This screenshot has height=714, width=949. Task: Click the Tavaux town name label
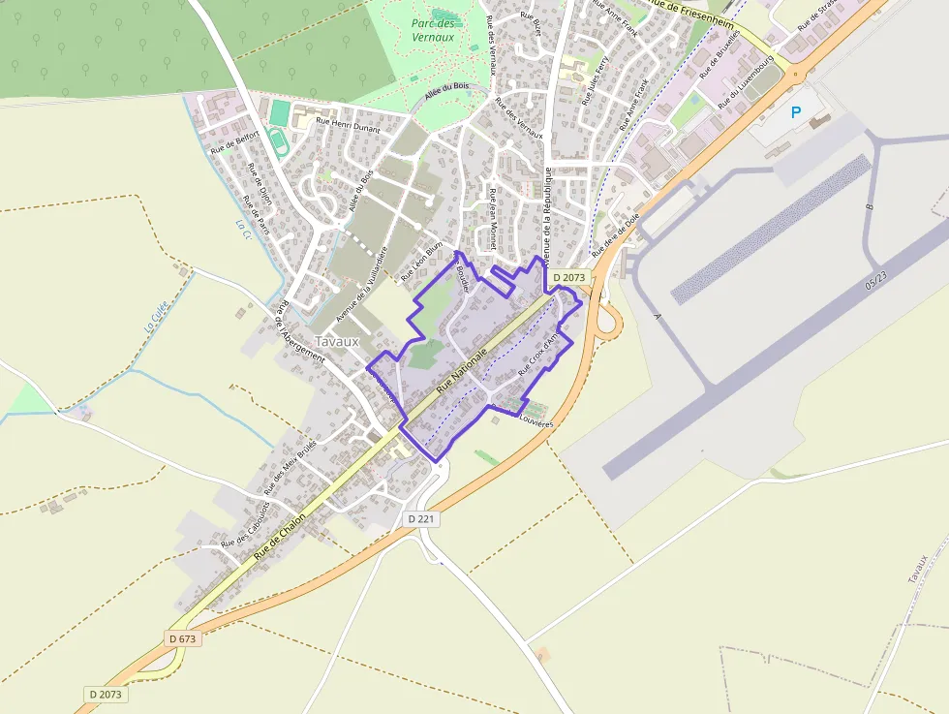click(x=337, y=342)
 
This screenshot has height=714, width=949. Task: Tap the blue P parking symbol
click(x=796, y=113)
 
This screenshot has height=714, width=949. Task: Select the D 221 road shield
click(x=422, y=519)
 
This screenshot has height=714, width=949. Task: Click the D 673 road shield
click(x=181, y=638)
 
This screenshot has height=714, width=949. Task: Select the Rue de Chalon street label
click(x=280, y=537)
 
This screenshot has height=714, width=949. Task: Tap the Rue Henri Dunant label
click(x=350, y=122)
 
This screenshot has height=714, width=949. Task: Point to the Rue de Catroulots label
click(x=245, y=524)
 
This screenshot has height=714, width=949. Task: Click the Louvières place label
click(x=536, y=421)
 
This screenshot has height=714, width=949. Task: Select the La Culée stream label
click(x=156, y=315)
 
